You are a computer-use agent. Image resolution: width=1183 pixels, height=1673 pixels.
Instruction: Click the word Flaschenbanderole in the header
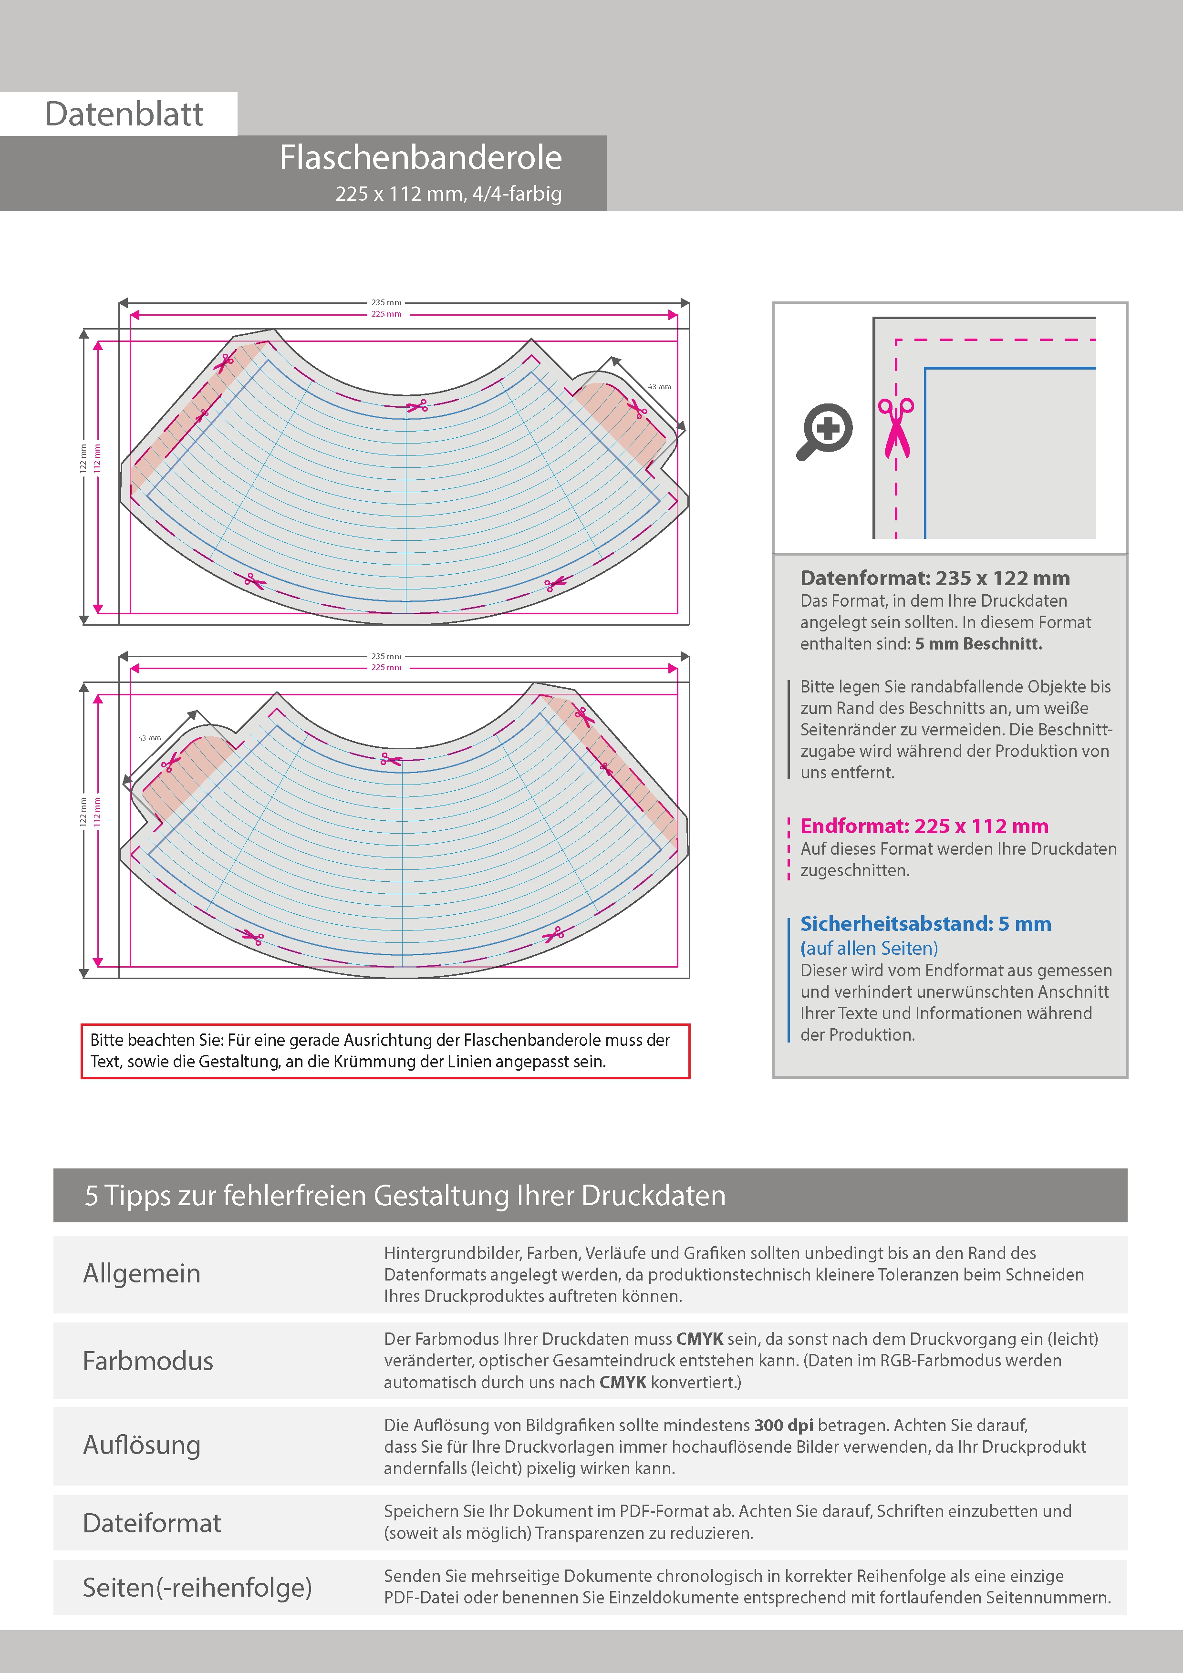click(421, 157)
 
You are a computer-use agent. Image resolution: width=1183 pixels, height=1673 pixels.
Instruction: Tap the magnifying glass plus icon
click(825, 431)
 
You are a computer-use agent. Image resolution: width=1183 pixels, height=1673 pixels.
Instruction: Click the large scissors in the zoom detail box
click(896, 428)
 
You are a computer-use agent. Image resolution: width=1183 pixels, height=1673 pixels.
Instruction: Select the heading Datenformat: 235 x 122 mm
click(934, 578)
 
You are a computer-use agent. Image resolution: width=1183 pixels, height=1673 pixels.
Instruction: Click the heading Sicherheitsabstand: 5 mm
click(925, 923)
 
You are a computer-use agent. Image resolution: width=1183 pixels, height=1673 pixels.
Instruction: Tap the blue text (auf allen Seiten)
click(869, 948)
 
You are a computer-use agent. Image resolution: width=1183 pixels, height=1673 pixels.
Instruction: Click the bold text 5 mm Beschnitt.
click(978, 643)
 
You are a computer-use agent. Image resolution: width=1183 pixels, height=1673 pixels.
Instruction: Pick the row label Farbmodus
click(148, 1361)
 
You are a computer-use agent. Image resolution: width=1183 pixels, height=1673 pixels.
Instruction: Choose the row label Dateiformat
click(152, 1523)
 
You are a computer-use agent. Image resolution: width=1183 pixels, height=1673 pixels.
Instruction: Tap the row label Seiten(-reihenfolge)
click(197, 1587)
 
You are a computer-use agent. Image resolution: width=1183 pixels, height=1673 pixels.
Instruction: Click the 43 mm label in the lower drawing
click(149, 738)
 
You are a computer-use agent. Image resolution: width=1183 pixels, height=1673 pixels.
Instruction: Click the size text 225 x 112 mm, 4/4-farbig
click(448, 194)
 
